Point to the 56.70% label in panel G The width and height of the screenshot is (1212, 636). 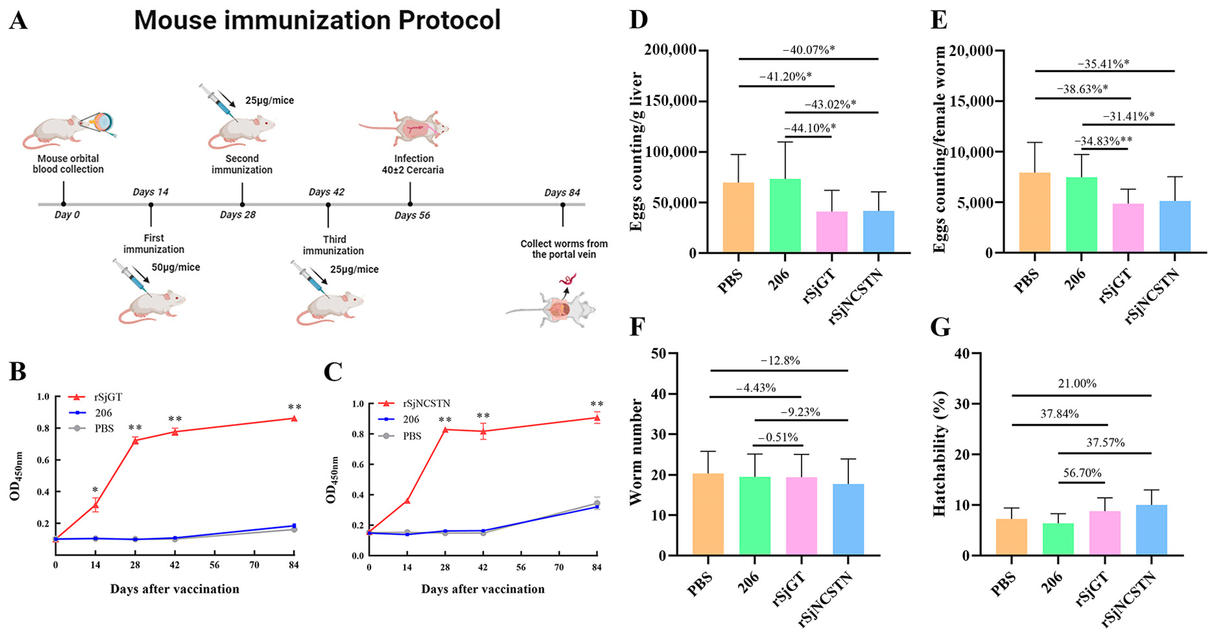(x=1082, y=473)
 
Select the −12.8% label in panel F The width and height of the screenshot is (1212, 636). (x=780, y=360)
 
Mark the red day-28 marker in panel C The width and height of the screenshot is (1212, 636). (x=445, y=430)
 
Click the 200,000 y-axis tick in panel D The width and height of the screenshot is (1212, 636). (x=670, y=49)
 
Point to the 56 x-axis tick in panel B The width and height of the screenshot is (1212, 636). (x=214, y=565)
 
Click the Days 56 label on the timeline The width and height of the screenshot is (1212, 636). (x=412, y=215)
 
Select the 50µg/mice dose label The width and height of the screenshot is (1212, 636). (x=175, y=267)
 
